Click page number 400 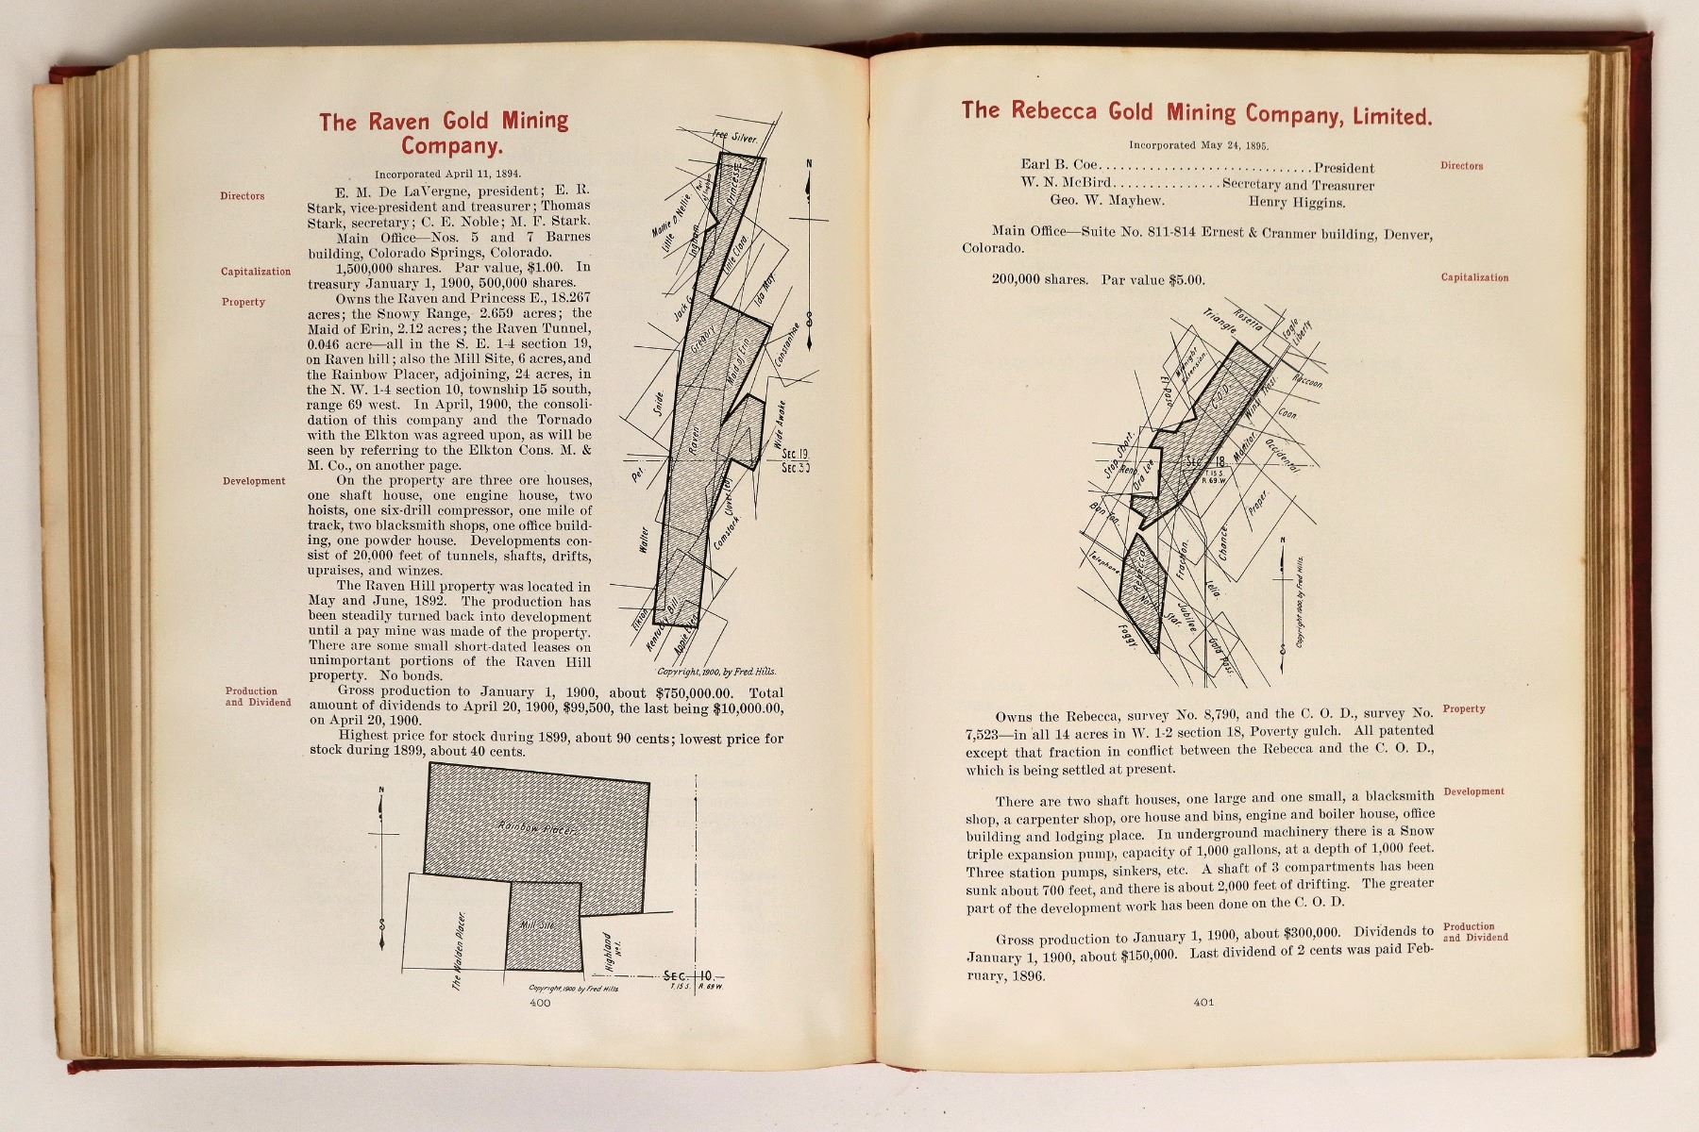[540, 1004]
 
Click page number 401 [1203, 1002]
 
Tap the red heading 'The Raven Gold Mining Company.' [444, 133]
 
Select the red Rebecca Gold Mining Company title [1197, 113]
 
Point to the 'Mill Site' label [537, 926]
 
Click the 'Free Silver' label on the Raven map [736, 136]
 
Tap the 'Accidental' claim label [1282, 456]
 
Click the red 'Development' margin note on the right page [1473, 791]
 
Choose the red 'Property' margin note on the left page [244, 302]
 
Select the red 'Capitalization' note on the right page [1474, 278]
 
